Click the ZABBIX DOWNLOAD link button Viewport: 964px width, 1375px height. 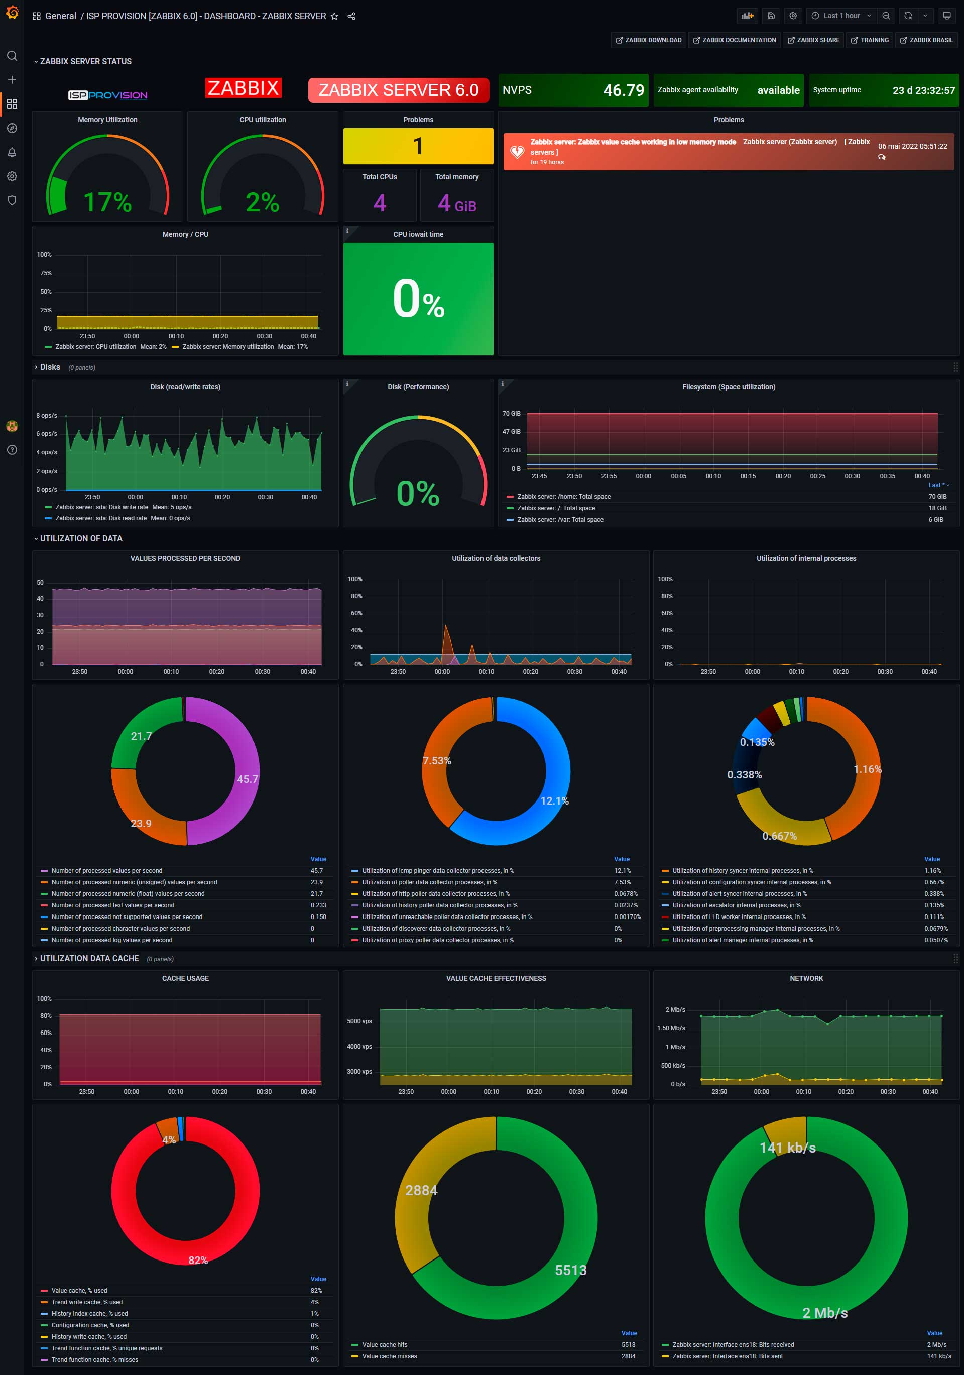649,40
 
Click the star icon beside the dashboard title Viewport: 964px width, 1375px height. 334,16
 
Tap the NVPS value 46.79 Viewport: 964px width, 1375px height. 623,90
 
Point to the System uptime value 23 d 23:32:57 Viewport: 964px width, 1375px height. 923,90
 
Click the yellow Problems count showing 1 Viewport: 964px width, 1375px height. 418,146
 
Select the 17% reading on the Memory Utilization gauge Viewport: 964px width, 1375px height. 107,202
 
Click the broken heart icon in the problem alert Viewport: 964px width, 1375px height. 517,152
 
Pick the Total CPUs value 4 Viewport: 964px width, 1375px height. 380,203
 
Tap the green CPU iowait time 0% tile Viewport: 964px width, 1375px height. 418,298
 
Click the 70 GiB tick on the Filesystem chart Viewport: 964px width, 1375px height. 511,414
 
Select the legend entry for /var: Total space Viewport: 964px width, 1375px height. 560,520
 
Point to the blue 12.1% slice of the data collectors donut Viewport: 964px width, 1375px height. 554,800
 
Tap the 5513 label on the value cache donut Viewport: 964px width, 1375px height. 570,1270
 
